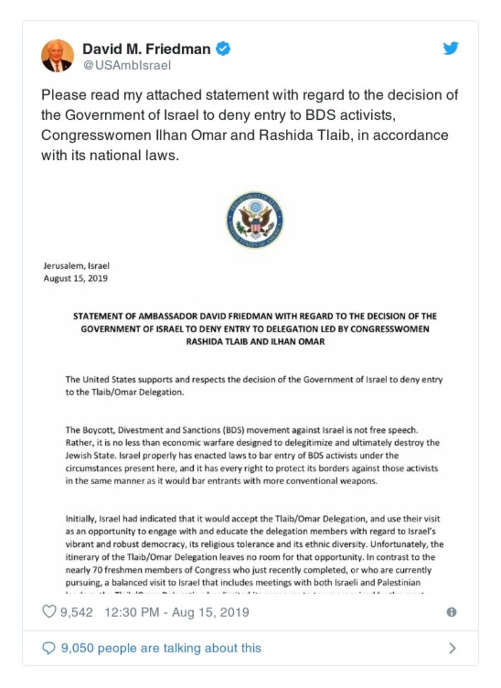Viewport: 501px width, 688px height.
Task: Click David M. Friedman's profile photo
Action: pyautogui.click(x=58, y=55)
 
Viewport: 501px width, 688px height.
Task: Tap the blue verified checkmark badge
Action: pyautogui.click(x=223, y=48)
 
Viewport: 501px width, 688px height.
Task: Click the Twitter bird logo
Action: pyautogui.click(x=451, y=48)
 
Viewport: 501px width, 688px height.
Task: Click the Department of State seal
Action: pyautogui.click(x=254, y=219)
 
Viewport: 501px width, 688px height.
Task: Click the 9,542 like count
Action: pyautogui.click(x=76, y=611)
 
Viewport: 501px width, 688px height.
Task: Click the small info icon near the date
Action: pyautogui.click(x=451, y=612)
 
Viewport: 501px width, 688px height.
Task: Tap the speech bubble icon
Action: pyautogui.click(x=48, y=648)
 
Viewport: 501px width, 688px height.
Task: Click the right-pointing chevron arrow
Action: pyautogui.click(x=452, y=648)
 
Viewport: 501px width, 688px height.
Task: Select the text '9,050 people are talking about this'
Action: pyautogui.click(x=161, y=648)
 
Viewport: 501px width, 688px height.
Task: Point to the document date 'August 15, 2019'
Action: pyautogui.click(x=75, y=278)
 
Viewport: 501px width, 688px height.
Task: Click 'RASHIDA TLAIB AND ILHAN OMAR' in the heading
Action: pyautogui.click(x=254, y=342)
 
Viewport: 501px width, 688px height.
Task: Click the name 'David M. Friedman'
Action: pyautogui.click(x=147, y=48)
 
